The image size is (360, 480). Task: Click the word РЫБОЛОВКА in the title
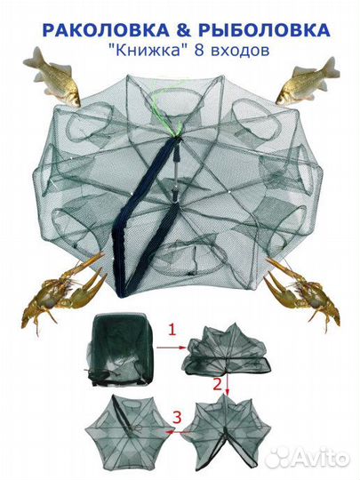coord(265,30)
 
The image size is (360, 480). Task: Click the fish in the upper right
coord(308,81)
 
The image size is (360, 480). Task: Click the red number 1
coord(172,331)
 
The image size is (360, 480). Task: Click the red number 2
coord(217,385)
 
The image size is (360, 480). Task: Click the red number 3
coord(178,417)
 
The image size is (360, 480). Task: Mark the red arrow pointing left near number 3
coord(179,432)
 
